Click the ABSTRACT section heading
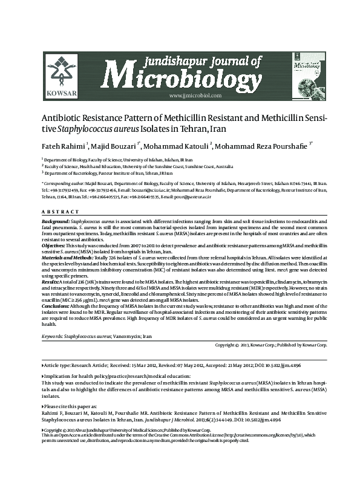tap(60, 212)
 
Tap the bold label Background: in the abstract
tap(56, 223)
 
